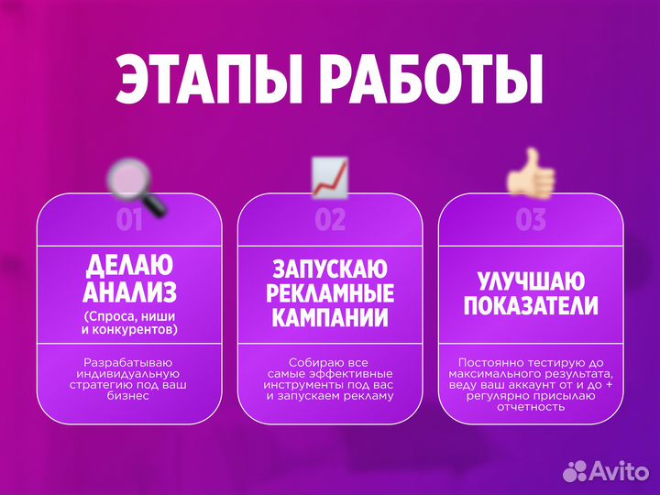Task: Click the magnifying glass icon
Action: (x=135, y=187)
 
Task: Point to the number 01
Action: (x=129, y=220)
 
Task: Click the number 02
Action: (x=330, y=220)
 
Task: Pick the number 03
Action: (x=531, y=220)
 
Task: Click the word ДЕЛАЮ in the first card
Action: (x=129, y=267)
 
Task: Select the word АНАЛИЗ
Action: (x=129, y=292)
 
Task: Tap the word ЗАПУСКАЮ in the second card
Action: (x=330, y=269)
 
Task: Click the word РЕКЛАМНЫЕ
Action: (x=330, y=294)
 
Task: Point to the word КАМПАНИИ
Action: (x=330, y=319)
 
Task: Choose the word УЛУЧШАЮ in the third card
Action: (x=531, y=280)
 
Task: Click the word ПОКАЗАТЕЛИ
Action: (x=531, y=306)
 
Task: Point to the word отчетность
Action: (x=531, y=408)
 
